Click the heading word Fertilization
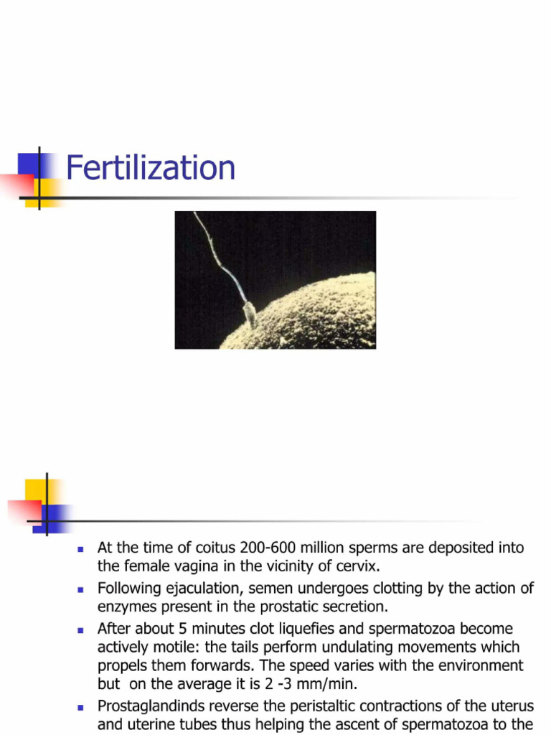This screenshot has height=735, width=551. click(x=151, y=169)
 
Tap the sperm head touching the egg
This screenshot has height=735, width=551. click(x=249, y=313)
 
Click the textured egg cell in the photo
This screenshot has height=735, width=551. click(x=316, y=316)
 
